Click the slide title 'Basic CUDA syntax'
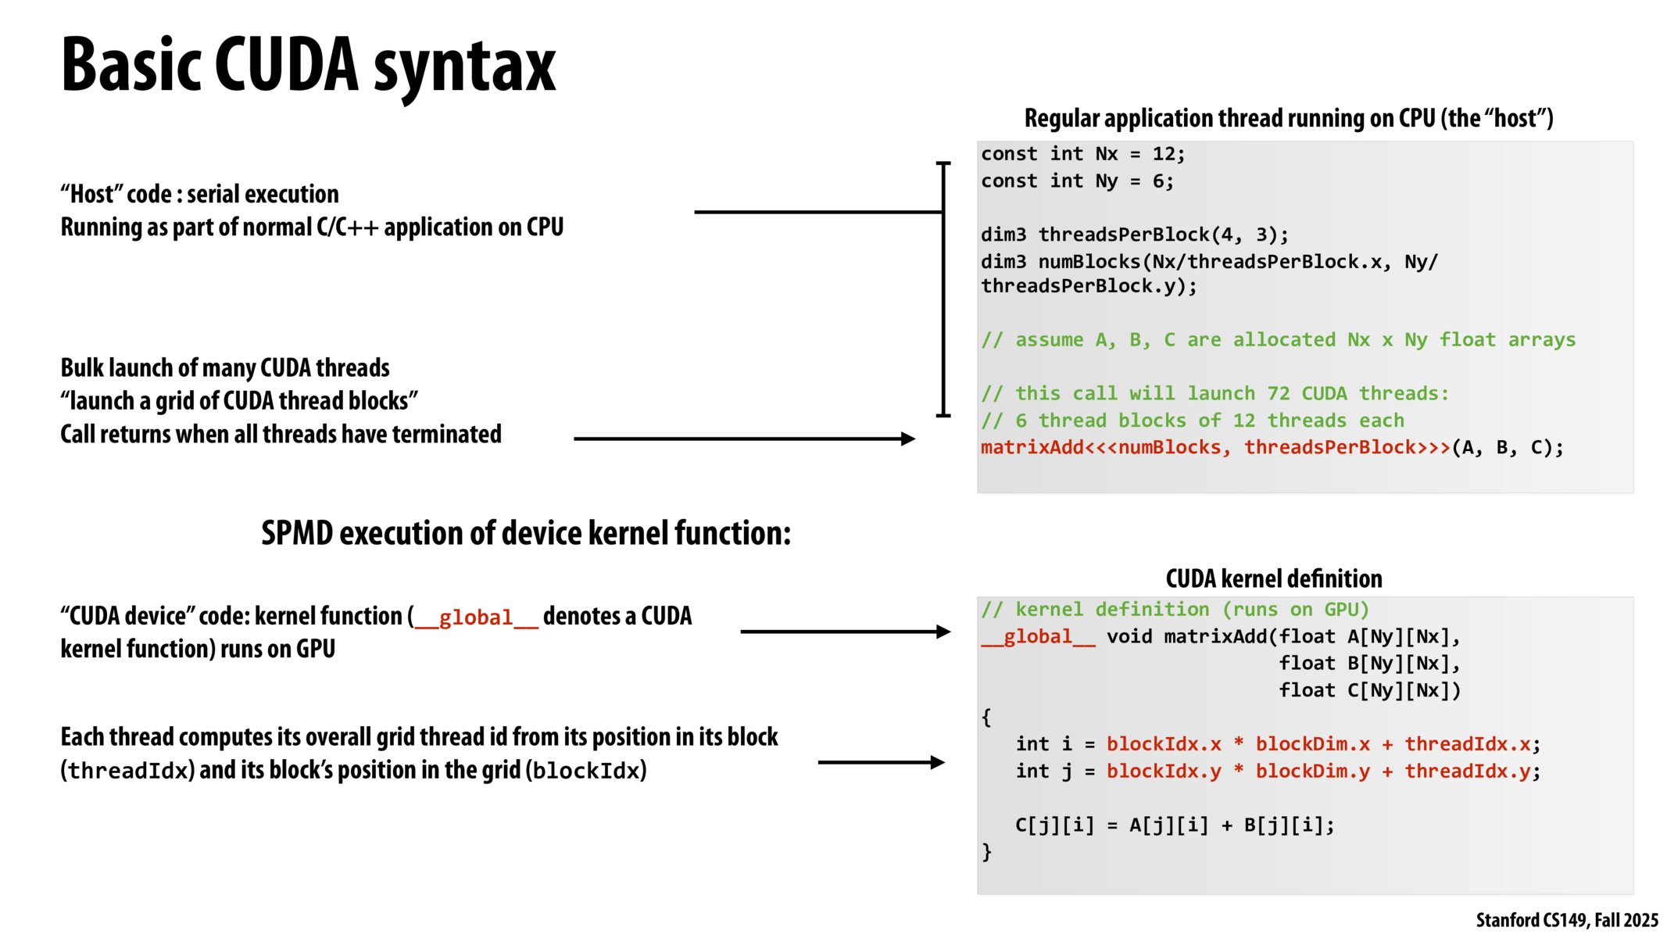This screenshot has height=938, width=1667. [x=308, y=66]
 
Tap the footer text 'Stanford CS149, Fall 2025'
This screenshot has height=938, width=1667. [x=1566, y=920]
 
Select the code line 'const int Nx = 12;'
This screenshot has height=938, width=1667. [x=1082, y=154]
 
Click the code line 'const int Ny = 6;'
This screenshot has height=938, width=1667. [x=1077, y=181]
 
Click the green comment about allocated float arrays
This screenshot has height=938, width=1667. [x=1278, y=340]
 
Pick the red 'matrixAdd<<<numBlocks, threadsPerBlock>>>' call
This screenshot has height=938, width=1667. [x=1214, y=448]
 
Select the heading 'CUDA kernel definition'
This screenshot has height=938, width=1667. [x=1273, y=578]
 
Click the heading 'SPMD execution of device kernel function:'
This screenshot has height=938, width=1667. [x=526, y=533]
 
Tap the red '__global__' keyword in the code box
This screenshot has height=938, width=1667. [x=1038, y=637]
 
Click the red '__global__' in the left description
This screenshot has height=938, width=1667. [x=476, y=618]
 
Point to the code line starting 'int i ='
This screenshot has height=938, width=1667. [x=1277, y=744]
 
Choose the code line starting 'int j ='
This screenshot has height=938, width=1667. [x=1277, y=772]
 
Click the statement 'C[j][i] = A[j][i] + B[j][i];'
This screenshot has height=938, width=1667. [x=1174, y=825]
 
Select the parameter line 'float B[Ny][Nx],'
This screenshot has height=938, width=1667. [x=1369, y=664]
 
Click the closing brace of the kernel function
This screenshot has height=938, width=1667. [x=987, y=852]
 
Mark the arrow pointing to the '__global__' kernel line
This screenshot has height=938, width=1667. [x=845, y=632]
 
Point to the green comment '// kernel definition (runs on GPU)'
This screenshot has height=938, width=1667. [x=1175, y=610]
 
